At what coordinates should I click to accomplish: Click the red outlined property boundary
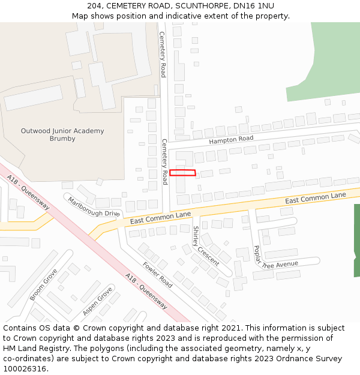click(x=182, y=173)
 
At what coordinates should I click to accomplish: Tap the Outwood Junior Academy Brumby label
click(x=62, y=134)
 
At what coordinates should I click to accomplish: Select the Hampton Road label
click(x=231, y=140)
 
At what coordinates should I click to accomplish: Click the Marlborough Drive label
click(x=94, y=206)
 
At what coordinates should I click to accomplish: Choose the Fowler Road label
click(x=158, y=275)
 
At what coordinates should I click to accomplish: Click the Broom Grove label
click(x=44, y=284)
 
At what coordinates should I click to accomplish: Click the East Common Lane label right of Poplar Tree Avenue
click(x=316, y=198)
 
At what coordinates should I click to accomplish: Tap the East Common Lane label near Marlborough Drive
click(x=160, y=217)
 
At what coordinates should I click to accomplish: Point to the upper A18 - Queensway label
click(x=29, y=192)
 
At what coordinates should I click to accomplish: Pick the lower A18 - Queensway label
click(x=146, y=290)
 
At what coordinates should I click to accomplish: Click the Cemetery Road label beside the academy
click(x=162, y=54)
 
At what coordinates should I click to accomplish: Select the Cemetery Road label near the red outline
click(x=164, y=161)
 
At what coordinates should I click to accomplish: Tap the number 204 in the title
click(x=94, y=5)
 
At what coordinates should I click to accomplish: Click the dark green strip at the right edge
click(x=356, y=240)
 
